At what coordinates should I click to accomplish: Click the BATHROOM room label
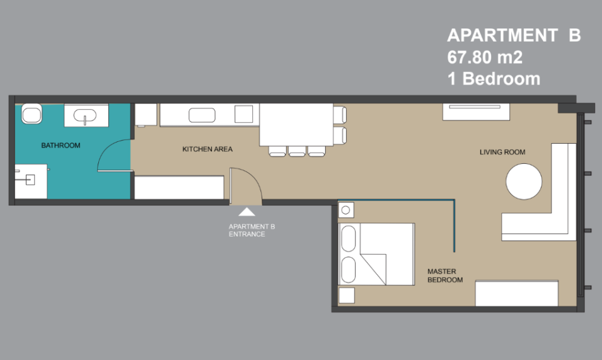pyautogui.click(x=61, y=146)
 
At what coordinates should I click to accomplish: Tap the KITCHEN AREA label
pyautogui.click(x=207, y=149)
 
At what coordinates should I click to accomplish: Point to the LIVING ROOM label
pyautogui.click(x=502, y=152)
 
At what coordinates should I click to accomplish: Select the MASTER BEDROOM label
pyautogui.click(x=445, y=276)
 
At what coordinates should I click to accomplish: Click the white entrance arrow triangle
pyautogui.click(x=247, y=212)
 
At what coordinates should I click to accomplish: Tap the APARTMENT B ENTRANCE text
pyautogui.click(x=252, y=230)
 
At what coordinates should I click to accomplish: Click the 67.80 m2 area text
pyautogui.click(x=485, y=57)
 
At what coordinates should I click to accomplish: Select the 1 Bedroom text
pyautogui.click(x=494, y=79)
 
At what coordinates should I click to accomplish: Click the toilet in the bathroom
pyautogui.click(x=32, y=113)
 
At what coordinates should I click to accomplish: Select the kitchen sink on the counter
pyautogui.click(x=202, y=115)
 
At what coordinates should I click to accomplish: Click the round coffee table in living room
pyautogui.click(x=524, y=182)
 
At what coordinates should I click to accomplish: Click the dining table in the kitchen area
pyautogui.click(x=296, y=125)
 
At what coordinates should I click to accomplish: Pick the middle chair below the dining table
pyautogui.click(x=297, y=151)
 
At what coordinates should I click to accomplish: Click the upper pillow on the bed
pyautogui.click(x=348, y=239)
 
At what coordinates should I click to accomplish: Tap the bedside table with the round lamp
pyautogui.click(x=346, y=211)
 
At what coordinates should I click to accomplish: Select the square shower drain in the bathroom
pyautogui.click(x=30, y=180)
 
